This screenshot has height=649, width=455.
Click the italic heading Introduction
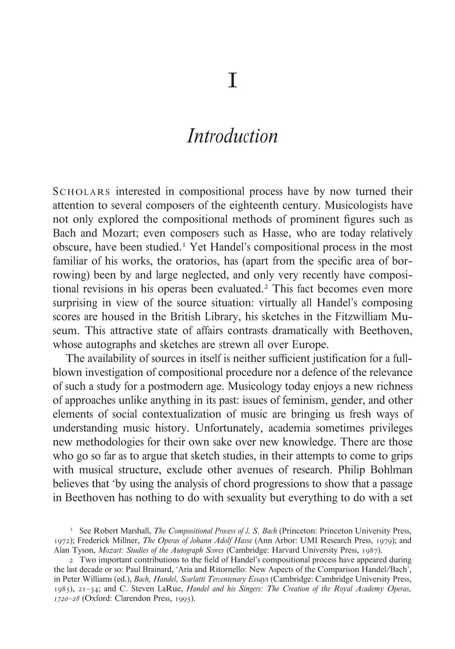pos(232,136)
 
